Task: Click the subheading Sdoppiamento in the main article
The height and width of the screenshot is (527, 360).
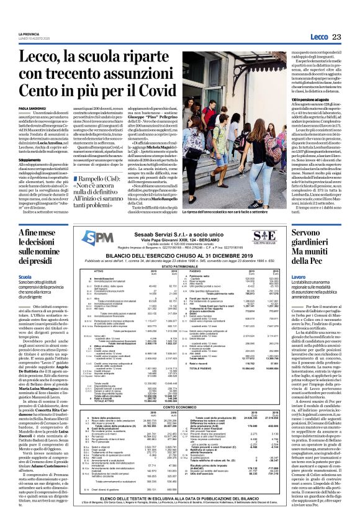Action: click(x=29, y=184)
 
